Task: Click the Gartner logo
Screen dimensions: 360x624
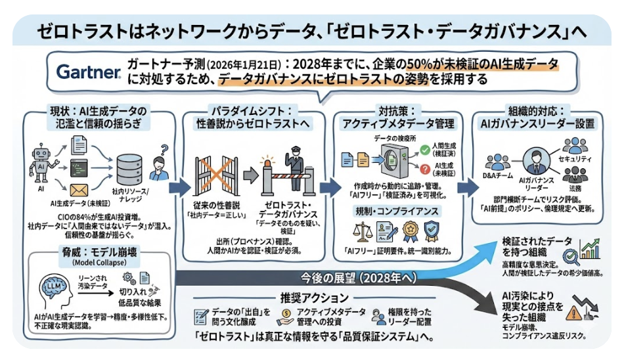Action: (88, 72)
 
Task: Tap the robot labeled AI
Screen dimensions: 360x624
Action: (40, 160)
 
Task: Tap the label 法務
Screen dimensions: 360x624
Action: (575, 188)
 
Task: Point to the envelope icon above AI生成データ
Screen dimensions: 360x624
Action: (79, 189)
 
